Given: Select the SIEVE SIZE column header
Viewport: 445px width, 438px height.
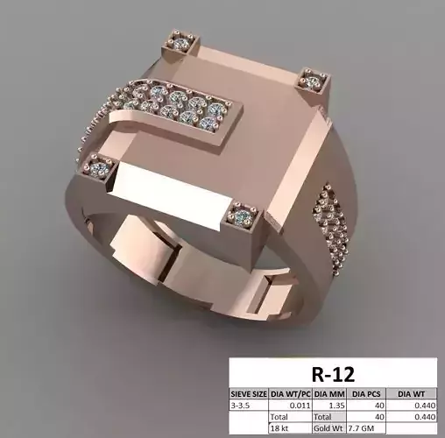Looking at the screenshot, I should tap(249, 394).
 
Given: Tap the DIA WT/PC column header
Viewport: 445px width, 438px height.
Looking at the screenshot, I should tap(293, 394).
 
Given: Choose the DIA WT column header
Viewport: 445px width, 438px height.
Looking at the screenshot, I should tap(417, 394).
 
